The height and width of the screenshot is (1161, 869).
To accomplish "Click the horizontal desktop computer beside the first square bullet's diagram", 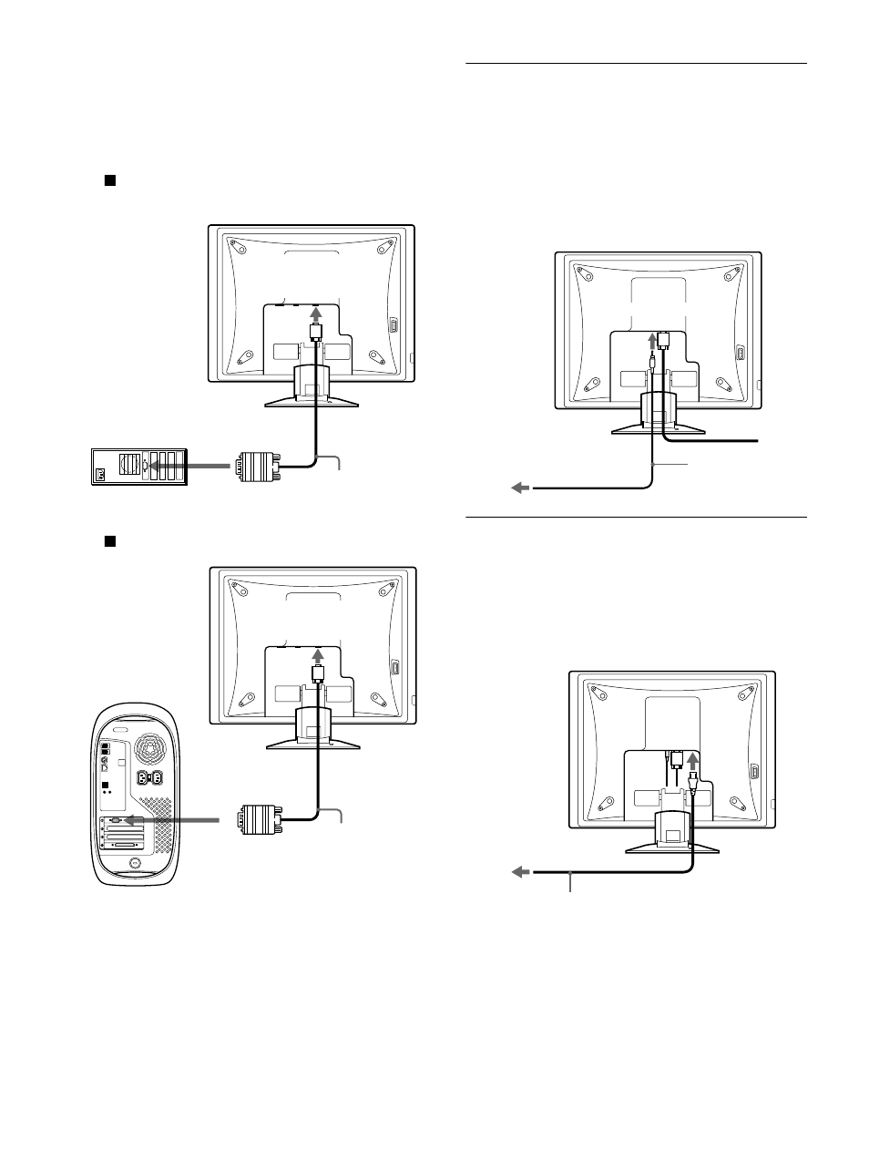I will pos(139,466).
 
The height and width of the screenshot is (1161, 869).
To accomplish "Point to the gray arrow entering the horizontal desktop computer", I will pos(187,466).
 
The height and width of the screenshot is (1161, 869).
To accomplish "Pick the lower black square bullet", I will pos(109,540).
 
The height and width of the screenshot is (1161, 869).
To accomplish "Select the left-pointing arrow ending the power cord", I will pos(520,872).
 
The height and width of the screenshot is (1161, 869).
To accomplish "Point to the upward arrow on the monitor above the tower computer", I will pos(317,656).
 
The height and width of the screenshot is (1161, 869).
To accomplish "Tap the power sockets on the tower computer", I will pos(148,779).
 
